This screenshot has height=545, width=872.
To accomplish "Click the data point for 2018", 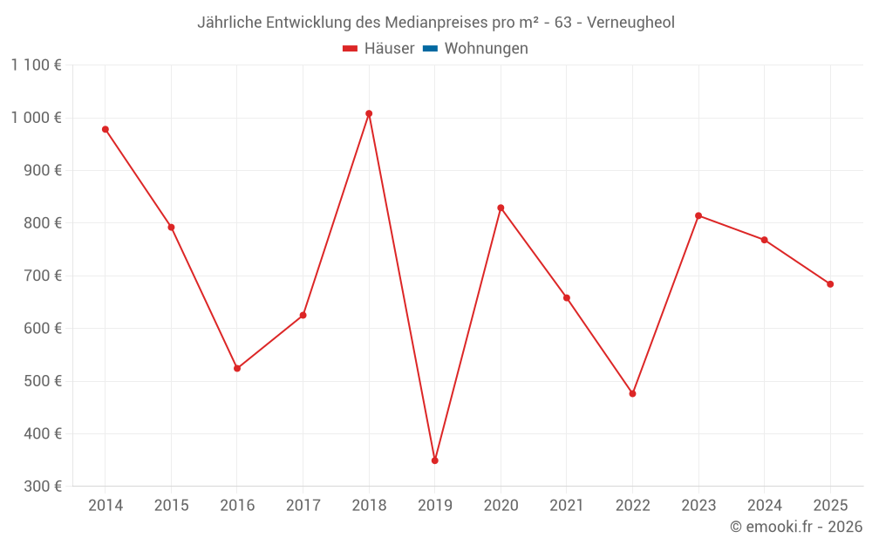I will (369, 113).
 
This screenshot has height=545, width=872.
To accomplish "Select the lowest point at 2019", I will (435, 460).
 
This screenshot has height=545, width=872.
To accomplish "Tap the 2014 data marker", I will (106, 129).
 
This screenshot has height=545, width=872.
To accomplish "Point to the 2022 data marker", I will (633, 393).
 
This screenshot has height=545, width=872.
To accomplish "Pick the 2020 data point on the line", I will (501, 208).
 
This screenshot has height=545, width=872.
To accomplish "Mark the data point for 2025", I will (830, 284).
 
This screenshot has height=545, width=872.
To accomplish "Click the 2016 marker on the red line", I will (237, 368).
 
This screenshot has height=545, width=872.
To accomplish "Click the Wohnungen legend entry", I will (486, 49).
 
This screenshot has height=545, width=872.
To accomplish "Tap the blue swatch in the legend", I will (430, 49).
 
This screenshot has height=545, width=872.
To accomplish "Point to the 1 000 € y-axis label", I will (37, 118).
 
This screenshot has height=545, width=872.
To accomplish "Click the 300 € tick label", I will (44, 487).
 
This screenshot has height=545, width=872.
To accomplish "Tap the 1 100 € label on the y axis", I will (37, 65).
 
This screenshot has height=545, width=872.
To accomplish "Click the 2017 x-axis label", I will (303, 506).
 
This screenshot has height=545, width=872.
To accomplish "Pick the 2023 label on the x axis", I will (698, 506).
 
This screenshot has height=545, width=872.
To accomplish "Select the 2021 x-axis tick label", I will (567, 506).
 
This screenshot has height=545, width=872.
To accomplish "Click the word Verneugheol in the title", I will (630, 23).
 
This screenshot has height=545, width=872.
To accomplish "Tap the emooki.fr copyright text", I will (796, 527).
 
